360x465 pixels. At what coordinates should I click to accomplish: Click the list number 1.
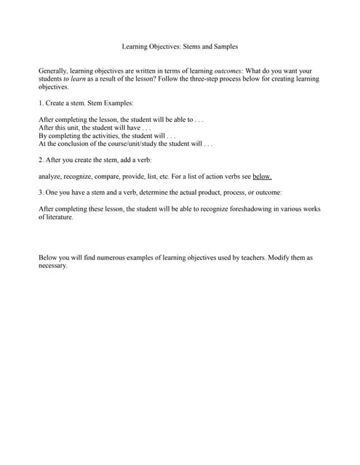40,103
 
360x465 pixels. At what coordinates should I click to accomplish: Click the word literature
59,217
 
